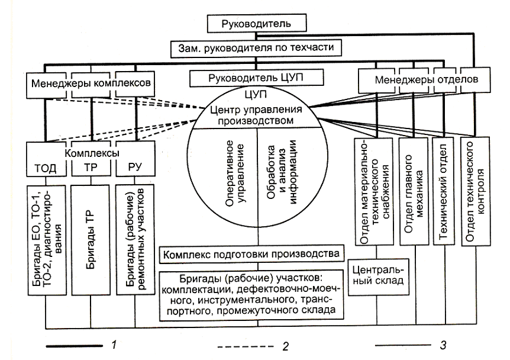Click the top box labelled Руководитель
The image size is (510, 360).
254,25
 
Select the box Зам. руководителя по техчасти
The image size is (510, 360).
254,47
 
